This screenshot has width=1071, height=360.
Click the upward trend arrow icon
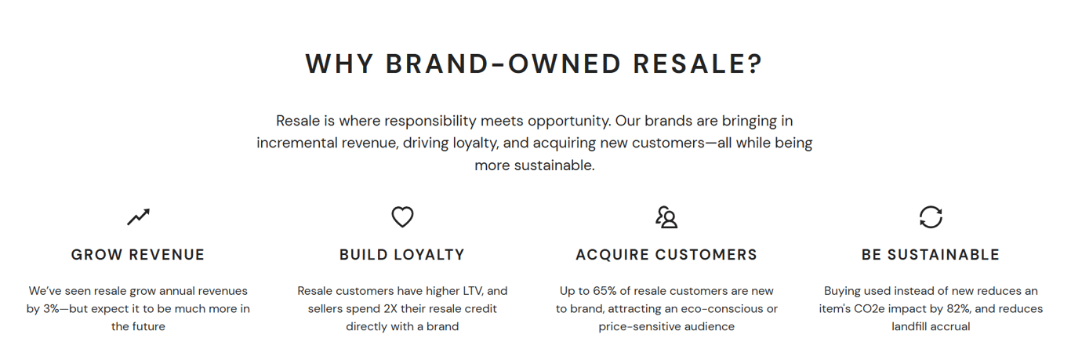click(138, 217)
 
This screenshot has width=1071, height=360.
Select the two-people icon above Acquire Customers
click(666, 217)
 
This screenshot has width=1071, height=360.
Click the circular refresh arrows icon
click(931, 217)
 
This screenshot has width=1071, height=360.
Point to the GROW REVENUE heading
click(138, 255)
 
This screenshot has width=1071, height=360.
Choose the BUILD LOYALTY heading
click(402, 255)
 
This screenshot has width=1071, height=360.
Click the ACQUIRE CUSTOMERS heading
click(666, 255)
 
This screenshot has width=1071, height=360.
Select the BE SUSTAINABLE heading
click(931, 255)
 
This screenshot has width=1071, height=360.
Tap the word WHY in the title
click(339, 64)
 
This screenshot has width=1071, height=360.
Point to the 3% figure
click(51, 309)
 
